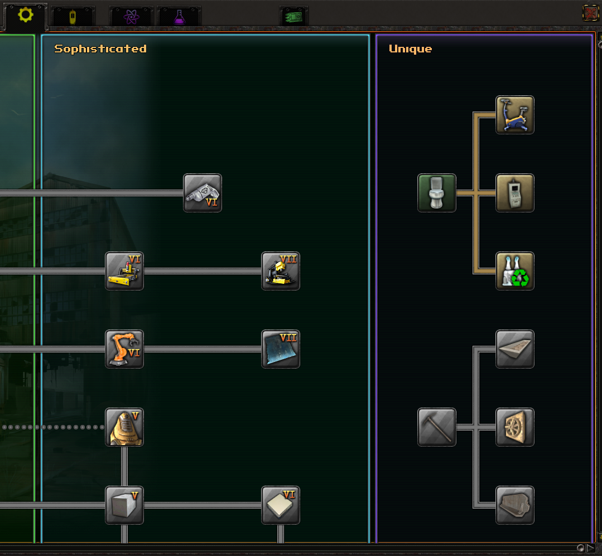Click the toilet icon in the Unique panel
click(437, 193)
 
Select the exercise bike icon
click(515, 115)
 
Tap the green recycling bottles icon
click(515, 271)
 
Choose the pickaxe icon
click(437, 427)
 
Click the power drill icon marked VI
click(203, 193)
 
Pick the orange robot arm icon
click(124, 349)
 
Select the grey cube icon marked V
click(124, 505)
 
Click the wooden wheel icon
click(515, 427)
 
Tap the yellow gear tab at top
click(25, 15)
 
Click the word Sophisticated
click(100, 49)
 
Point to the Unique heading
click(410, 49)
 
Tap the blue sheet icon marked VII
click(281, 349)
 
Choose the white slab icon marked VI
click(281, 505)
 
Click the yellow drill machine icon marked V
click(124, 427)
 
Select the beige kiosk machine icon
click(515, 193)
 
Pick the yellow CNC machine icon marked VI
click(124, 271)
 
